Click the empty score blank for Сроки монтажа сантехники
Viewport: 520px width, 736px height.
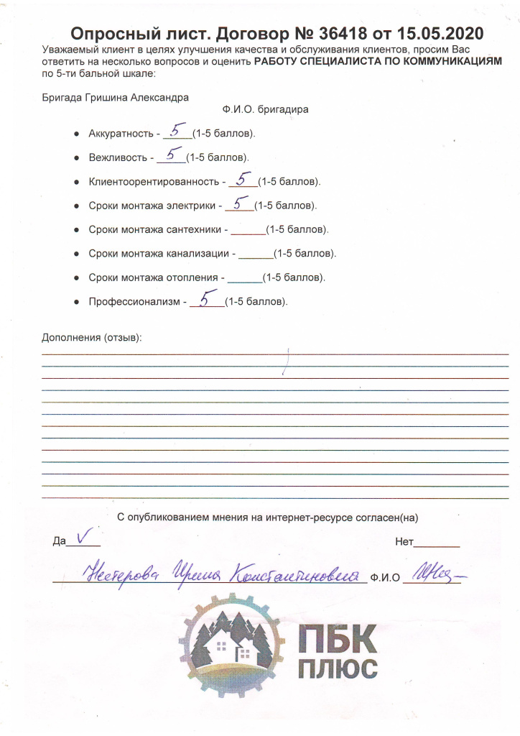coord(249,231)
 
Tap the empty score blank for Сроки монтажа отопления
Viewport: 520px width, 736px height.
coord(244,279)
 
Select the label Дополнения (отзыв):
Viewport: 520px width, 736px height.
coord(92,337)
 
